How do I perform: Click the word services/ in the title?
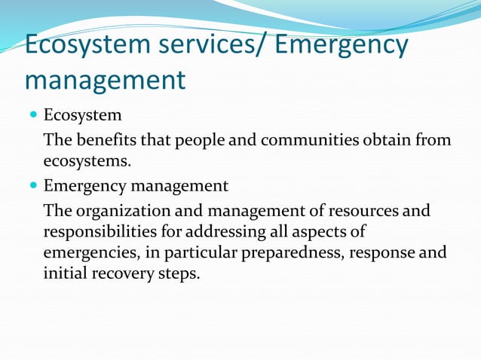pyautogui.click(x=204, y=45)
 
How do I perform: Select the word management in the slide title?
pyautogui.click(x=105, y=79)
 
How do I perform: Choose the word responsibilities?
pyautogui.click(x=98, y=231)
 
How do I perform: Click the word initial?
pyautogui.click(x=66, y=273)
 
